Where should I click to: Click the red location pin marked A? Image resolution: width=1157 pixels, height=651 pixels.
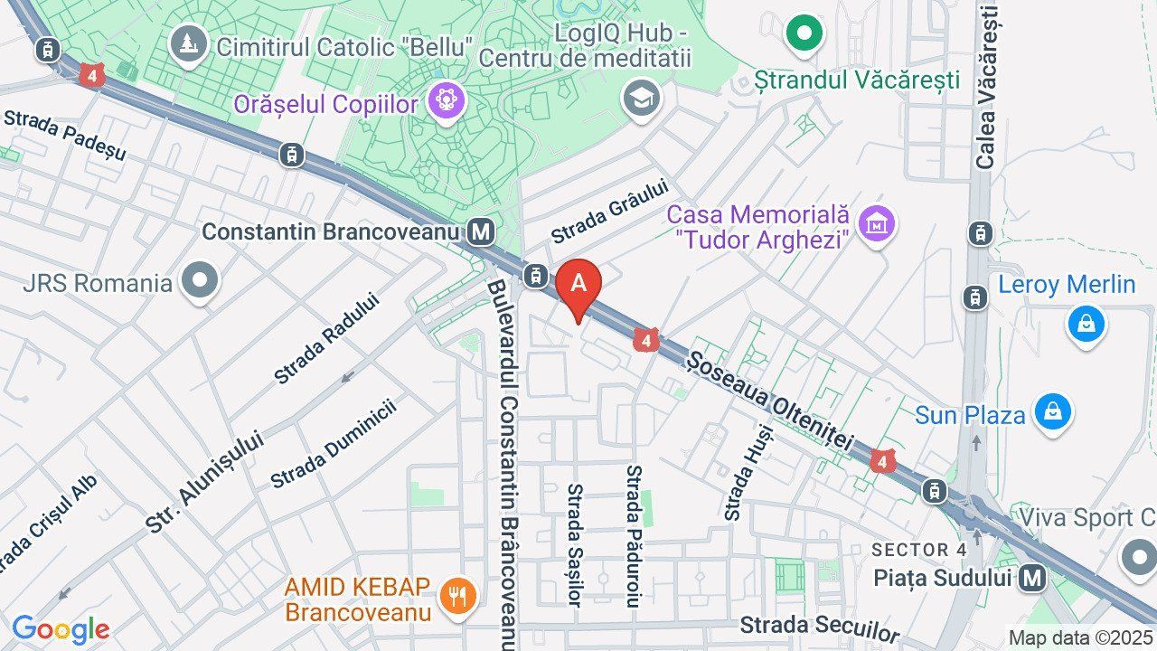[x=578, y=284]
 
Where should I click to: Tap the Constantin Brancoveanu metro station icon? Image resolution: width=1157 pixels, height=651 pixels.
[x=482, y=231]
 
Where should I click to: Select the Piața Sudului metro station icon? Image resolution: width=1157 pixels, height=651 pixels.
[x=1031, y=577]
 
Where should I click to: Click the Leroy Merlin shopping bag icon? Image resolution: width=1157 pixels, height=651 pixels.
[x=1086, y=323]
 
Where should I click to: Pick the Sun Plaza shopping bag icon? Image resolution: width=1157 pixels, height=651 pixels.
[x=1052, y=413]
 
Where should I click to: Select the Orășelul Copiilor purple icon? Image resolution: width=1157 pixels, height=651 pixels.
[x=446, y=100]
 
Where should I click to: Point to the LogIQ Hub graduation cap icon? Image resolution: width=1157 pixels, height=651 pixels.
[x=641, y=99]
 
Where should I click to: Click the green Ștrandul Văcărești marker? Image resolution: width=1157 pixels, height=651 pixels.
[x=804, y=34]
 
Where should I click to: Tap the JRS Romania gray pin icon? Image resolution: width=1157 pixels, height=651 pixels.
[x=200, y=282]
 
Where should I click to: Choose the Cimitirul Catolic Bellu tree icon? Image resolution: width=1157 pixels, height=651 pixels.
[x=189, y=43]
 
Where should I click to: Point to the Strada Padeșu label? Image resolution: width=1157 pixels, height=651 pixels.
[x=64, y=135]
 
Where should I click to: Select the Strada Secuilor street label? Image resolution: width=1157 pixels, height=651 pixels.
[x=820, y=627]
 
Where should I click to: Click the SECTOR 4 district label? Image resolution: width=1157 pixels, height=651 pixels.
[x=918, y=550]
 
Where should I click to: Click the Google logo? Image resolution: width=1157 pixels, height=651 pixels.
[x=61, y=629]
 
